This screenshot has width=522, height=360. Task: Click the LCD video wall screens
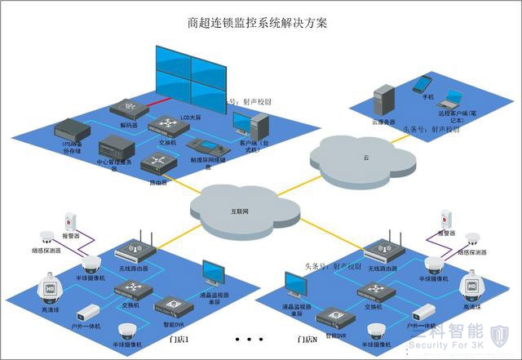pyautogui.click(x=189, y=73)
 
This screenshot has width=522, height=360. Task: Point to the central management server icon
pyautogui.click(x=115, y=150)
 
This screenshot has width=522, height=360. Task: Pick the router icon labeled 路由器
pyautogui.click(x=157, y=163)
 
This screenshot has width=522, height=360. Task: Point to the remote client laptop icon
pyautogui.click(x=448, y=101)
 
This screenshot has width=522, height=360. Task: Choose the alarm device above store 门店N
pyautogui.click(x=446, y=218)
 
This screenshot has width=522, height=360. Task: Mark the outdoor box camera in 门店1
pyautogui.click(x=88, y=313)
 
